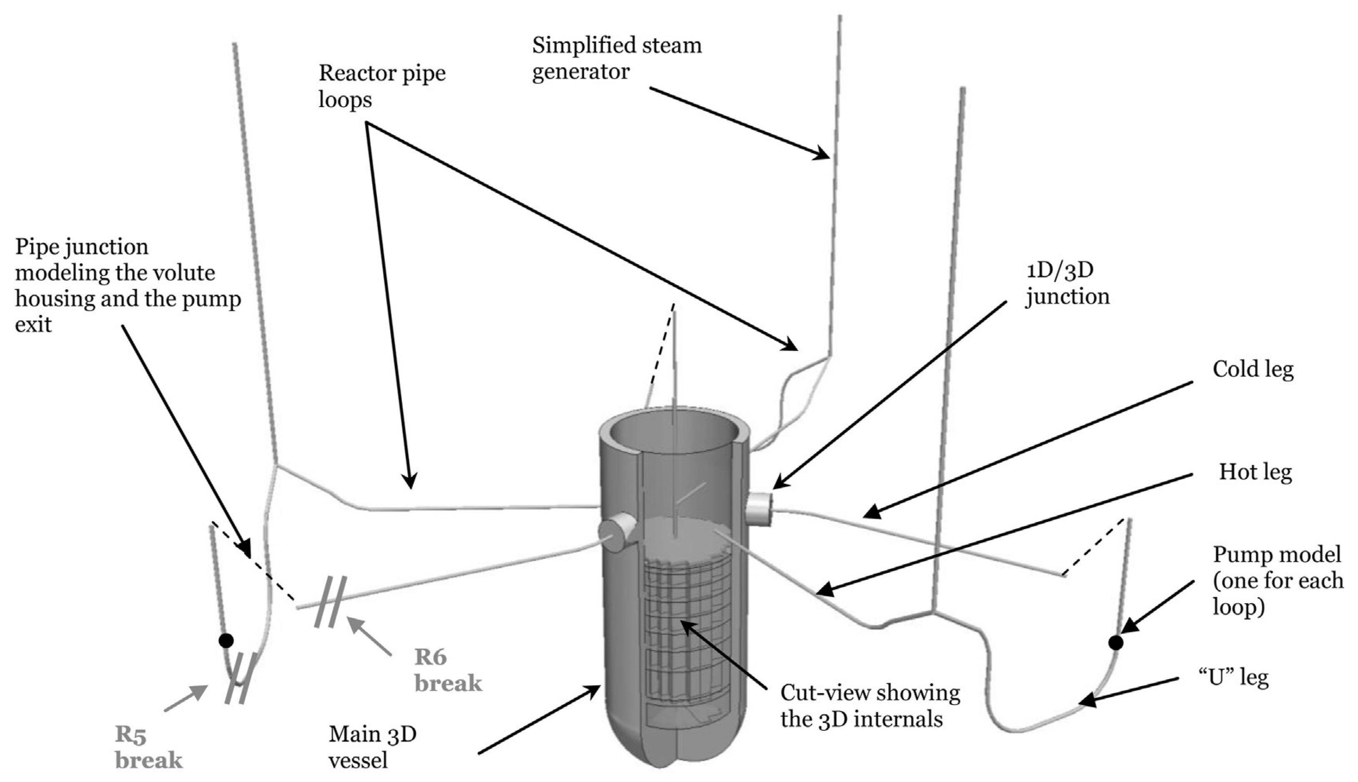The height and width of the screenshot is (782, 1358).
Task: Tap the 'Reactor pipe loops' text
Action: click(x=382, y=86)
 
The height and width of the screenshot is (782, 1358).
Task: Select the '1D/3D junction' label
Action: click(x=1067, y=283)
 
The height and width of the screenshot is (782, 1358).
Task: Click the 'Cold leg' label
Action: click(x=1252, y=370)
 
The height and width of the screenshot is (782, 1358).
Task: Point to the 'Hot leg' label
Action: click(x=1255, y=472)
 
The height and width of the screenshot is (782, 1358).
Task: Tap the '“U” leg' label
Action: click(x=1233, y=678)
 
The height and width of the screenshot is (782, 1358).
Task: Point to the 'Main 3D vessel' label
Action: click(x=372, y=747)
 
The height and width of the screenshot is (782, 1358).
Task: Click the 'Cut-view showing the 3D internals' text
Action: click(x=869, y=706)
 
